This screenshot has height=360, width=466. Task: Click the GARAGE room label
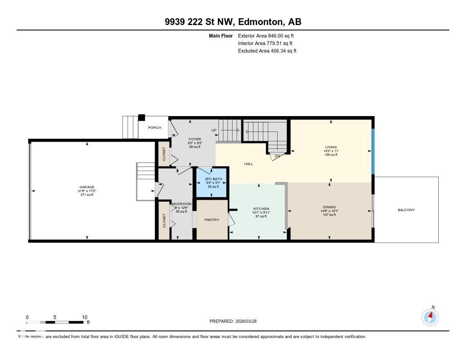coord(86,187)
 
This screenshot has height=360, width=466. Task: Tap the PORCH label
coord(154,127)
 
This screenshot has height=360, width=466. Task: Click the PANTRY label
coord(212,220)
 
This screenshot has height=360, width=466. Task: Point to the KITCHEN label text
coord(261,209)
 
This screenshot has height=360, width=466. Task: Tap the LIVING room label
coord(330,147)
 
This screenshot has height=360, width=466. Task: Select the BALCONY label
coord(406,210)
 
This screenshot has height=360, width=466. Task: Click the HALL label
coord(248,164)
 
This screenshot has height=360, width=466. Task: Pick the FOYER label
coord(195,139)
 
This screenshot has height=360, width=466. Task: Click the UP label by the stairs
coord(214,131)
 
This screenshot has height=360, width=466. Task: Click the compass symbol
coord(430,317)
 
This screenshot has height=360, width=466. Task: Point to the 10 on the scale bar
coord(84,317)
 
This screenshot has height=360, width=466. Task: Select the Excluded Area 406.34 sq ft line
coord(267,51)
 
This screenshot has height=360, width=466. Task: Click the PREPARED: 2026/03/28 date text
coord(236,321)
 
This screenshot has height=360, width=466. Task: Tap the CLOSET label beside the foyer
coord(163,154)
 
